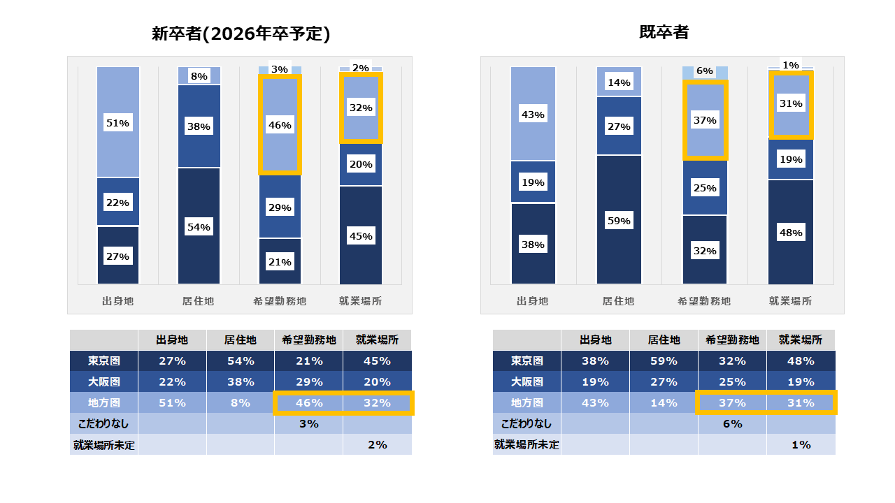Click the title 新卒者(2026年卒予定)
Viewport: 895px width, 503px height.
[x=241, y=34]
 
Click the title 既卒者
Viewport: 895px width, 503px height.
[x=664, y=32]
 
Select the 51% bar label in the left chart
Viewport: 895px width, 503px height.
[x=118, y=123]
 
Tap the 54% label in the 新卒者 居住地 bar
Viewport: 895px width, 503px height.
[x=199, y=227]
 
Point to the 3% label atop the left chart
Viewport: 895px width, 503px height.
[x=280, y=69]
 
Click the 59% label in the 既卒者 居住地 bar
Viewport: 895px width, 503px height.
[x=619, y=221]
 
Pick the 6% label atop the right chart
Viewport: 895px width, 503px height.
[x=705, y=71]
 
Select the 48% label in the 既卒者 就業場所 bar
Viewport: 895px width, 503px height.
[x=791, y=233]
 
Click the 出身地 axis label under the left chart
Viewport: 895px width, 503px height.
[x=118, y=301]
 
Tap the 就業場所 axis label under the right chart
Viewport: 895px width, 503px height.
[x=791, y=301]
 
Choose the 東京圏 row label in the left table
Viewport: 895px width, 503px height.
[x=104, y=361]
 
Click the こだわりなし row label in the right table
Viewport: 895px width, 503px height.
[x=527, y=423]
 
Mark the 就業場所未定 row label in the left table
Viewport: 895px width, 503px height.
[x=104, y=445]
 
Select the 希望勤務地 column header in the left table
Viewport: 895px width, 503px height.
[x=309, y=340]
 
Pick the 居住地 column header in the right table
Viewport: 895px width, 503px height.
[x=664, y=340]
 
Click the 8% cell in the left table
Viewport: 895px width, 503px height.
[x=241, y=403]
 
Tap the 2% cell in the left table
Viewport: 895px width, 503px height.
[x=378, y=445]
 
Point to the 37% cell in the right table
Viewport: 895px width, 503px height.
[x=732, y=403]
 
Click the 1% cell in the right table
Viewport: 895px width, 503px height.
[x=801, y=445]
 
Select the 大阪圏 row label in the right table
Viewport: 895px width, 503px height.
[x=527, y=382]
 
